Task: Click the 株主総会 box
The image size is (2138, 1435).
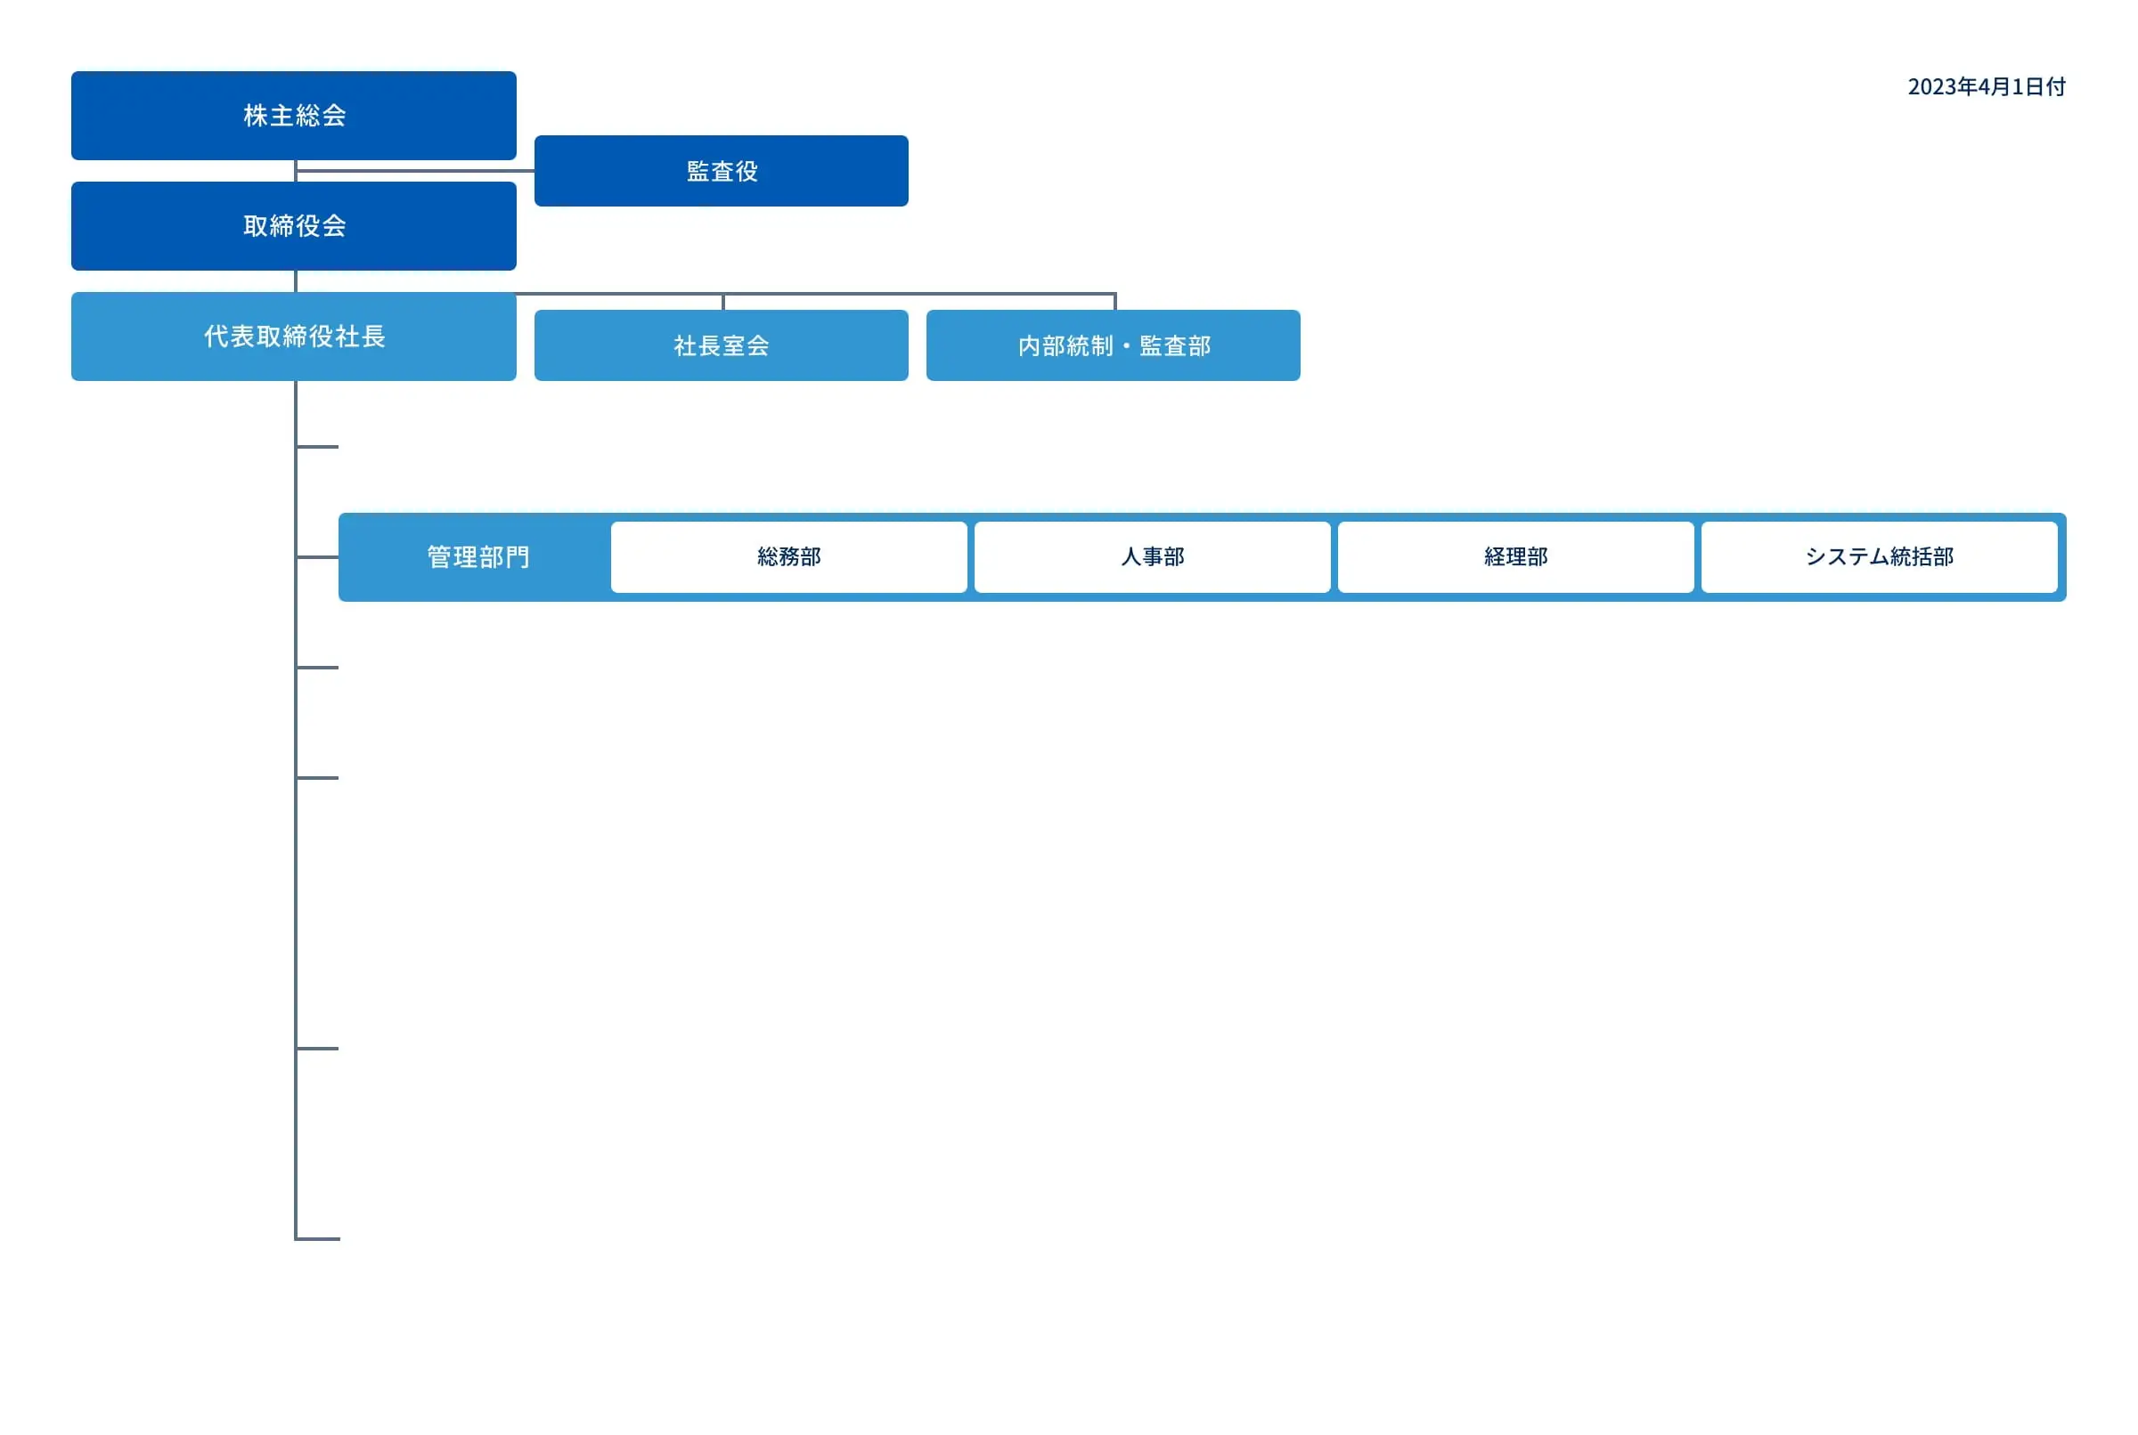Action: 294,116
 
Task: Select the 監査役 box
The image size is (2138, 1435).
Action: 722,171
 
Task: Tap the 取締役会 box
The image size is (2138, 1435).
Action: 294,226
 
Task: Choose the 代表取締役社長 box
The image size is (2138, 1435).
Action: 294,336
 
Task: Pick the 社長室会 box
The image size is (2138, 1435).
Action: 722,345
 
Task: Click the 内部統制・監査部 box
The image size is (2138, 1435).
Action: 1114,345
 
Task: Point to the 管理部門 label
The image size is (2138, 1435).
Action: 478,557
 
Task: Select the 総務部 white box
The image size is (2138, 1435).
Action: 789,557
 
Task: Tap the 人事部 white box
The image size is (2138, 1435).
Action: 1153,557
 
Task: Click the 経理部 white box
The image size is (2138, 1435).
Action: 1516,557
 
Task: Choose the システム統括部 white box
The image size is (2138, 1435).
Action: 1880,557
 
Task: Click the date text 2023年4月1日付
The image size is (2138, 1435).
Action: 1987,87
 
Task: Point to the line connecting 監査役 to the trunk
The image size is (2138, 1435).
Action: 416,170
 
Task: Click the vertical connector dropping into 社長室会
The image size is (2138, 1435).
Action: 723,302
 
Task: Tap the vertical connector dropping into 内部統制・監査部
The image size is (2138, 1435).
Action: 1115,302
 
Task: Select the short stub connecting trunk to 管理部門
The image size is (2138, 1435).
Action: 318,556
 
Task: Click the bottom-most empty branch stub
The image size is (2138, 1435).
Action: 318,1239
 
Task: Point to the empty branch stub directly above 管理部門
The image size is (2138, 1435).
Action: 318,447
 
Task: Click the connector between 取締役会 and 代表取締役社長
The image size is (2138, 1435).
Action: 296,281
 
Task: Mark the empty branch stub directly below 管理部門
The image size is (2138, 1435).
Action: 318,668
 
